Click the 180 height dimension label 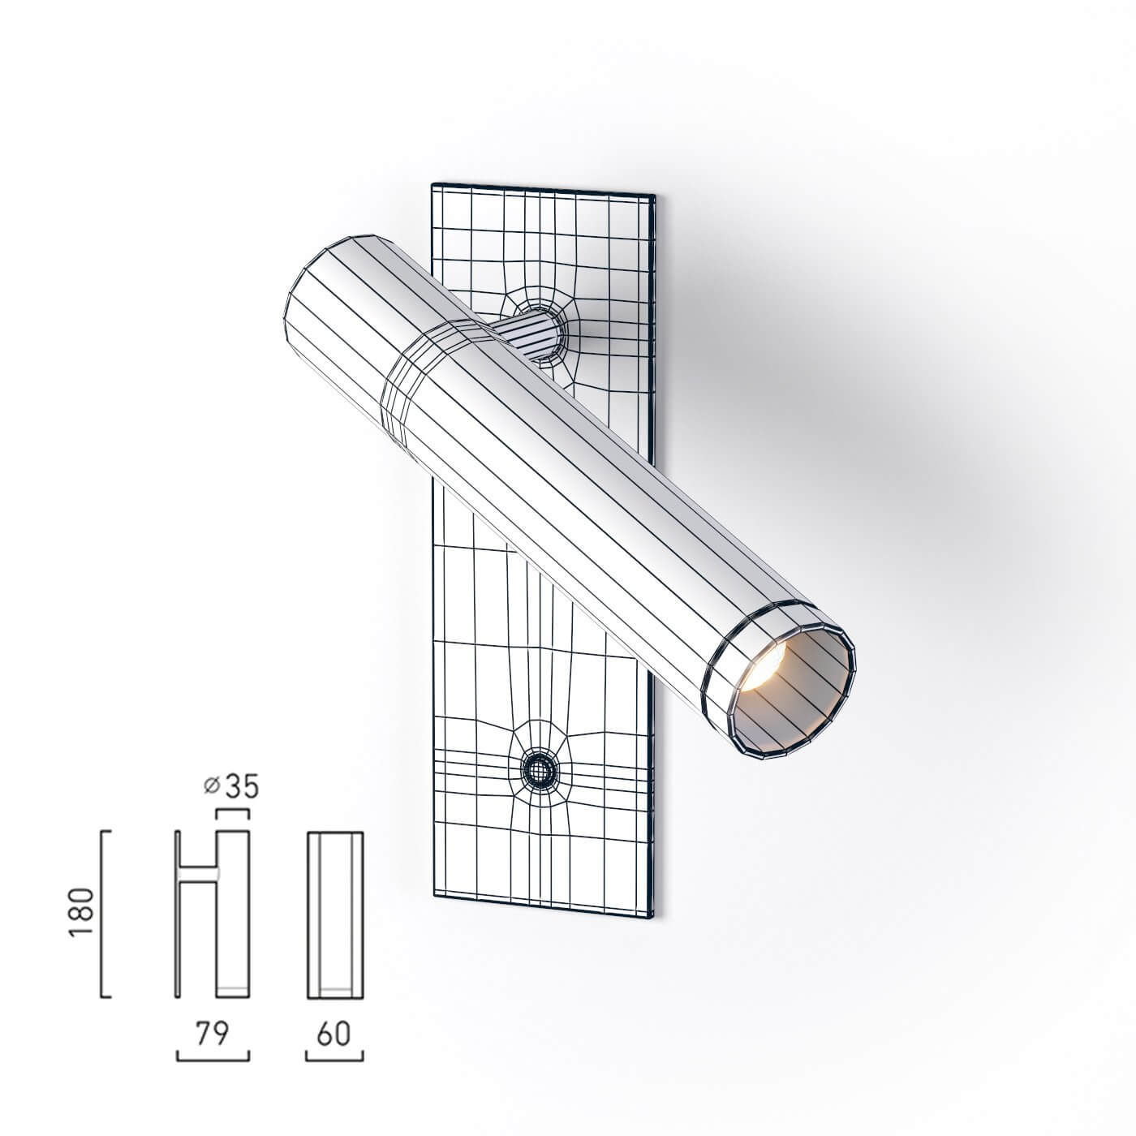84,913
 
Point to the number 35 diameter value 242,786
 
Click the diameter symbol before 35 212,786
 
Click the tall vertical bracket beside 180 102,913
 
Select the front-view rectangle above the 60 334,914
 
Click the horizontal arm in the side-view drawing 199,872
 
